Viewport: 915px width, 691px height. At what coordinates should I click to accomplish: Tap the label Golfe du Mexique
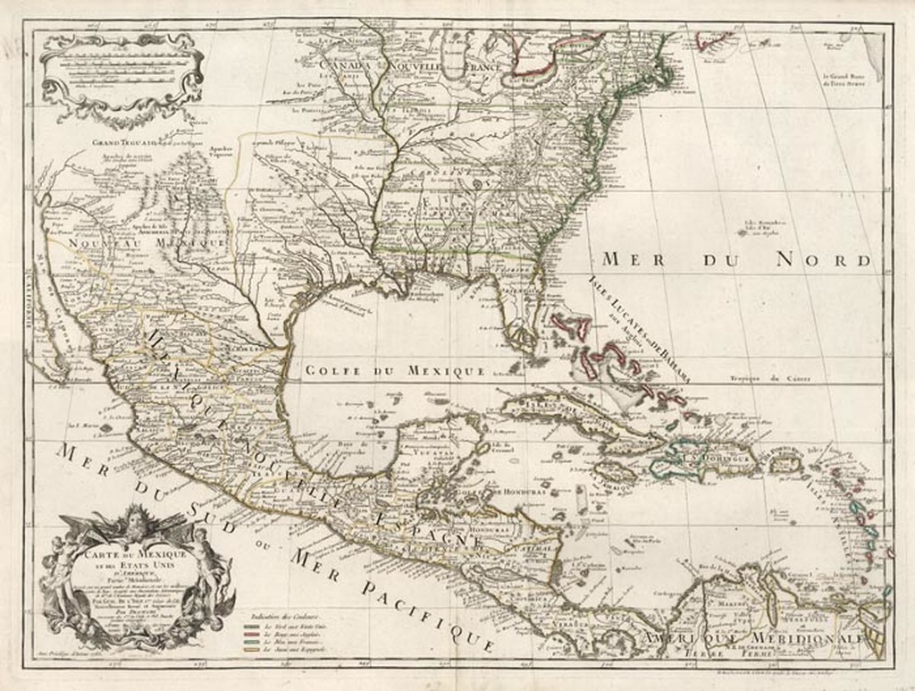[x=394, y=371]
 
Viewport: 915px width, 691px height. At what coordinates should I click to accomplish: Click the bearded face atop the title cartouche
[x=136, y=518]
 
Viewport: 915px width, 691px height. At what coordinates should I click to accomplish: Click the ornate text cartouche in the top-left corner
[x=122, y=78]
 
